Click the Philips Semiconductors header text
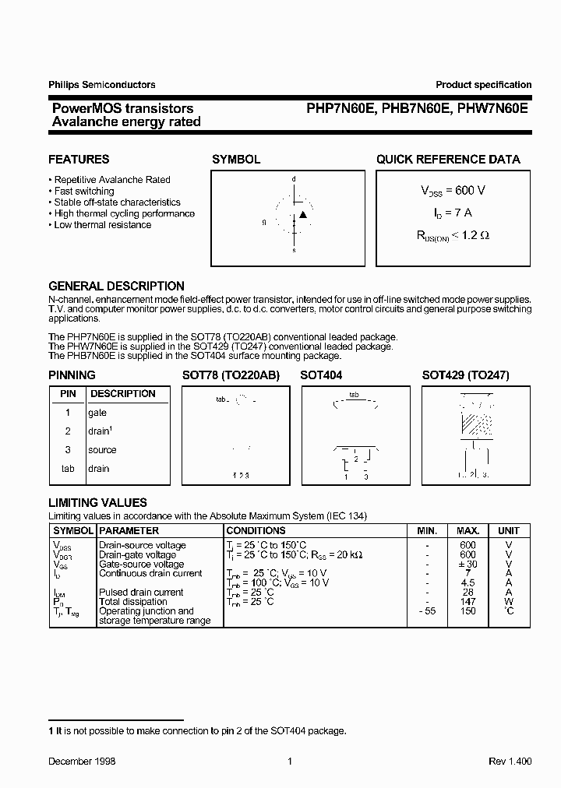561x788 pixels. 102,85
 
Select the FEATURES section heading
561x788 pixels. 79,160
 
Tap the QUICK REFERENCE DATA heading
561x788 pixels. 448,160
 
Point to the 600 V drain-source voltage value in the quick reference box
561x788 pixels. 453,191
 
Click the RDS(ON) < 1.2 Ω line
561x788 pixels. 453,234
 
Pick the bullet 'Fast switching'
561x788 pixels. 83,191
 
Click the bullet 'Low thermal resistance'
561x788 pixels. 102,225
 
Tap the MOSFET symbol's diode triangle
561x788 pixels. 304,214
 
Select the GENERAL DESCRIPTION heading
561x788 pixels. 116,286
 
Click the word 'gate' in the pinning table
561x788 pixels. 97,413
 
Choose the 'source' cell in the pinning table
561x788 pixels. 102,450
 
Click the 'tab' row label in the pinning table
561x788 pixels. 68,469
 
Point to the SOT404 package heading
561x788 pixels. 321,375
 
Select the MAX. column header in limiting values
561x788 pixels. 467,530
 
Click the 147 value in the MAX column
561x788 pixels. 467,602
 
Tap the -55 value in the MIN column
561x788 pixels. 426,611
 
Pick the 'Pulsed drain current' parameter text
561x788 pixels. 133,593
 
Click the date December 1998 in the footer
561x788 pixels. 82,762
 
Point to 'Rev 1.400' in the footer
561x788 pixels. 510,762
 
